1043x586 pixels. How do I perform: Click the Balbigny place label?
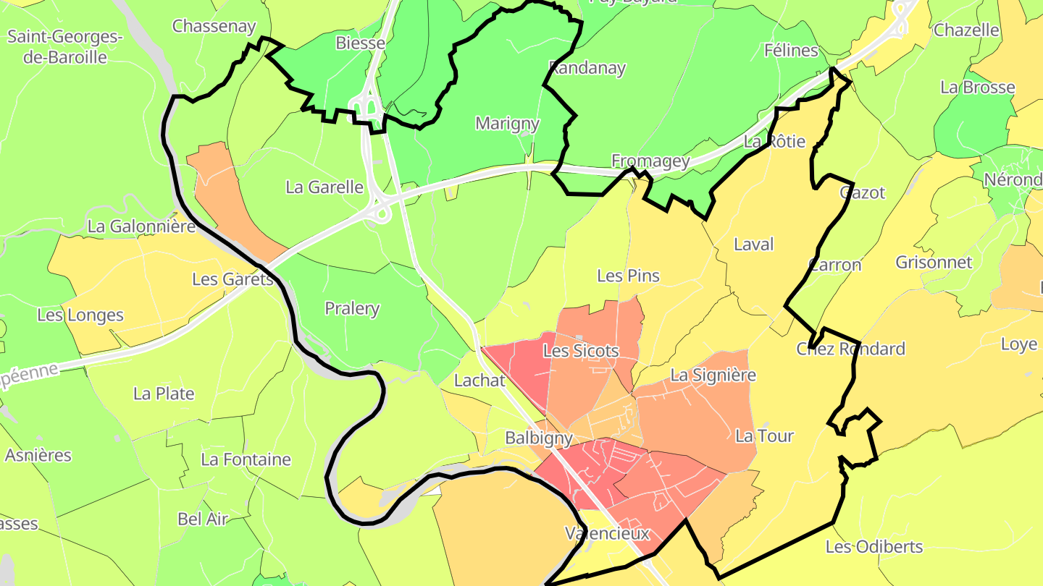click(x=539, y=438)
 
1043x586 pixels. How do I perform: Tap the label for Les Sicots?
click(x=581, y=351)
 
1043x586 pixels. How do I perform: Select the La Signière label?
click(x=713, y=375)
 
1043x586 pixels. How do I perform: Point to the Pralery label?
click(x=352, y=308)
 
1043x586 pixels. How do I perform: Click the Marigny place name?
click(x=507, y=123)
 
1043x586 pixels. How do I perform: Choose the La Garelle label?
click(x=324, y=187)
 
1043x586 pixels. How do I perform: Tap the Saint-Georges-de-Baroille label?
click(x=65, y=46)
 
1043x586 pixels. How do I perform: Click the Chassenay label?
click(x=214, y=26)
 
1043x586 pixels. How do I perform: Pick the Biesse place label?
click(x=360, y=43)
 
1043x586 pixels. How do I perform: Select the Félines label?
click(x=791, y=50)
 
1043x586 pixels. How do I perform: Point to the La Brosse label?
click(x=978, y=87)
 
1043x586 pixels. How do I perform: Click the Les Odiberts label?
click(x=874, y=546)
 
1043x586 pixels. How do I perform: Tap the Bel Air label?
click(x=203, y=519)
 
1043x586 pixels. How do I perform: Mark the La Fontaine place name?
click(x=246, y=459)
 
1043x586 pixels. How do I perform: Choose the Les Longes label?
click(x=80, y=315)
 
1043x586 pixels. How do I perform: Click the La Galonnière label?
click(x=141, y=226)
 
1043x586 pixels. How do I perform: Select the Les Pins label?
click(x=628, y=275)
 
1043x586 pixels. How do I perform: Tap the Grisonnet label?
click(x=934, y=262)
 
